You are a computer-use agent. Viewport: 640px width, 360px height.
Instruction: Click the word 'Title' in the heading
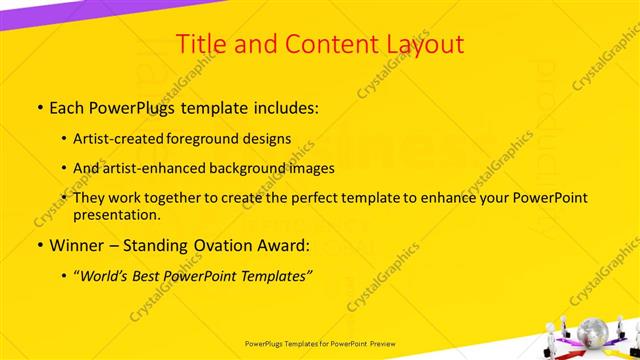(x=200, y=44)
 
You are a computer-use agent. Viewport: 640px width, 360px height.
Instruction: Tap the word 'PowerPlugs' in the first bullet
(x=123, y=105)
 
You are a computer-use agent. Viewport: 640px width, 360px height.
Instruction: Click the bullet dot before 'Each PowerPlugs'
(x=39, y=106)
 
